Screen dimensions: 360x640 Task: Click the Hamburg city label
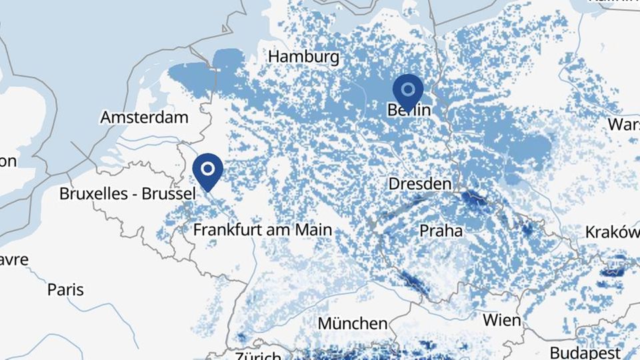[x=303, y=57]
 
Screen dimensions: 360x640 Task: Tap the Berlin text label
[x=409, y=110]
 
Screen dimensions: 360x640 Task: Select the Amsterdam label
[x=144, y=118]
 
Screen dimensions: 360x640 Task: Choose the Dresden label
[x=420, y=183]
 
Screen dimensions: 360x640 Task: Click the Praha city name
[x=441, y=231]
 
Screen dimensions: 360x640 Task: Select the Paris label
[x=65, y=289]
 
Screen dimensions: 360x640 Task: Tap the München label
[x=352, y=324]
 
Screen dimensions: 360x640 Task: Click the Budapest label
[x=585, y=351]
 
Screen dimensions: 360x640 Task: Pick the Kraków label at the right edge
[x=612, y=232]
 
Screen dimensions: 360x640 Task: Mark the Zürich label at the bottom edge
[x=256, y=354]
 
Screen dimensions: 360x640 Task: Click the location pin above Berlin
[x=408, y=90]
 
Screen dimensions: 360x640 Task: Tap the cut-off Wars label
[x=623, y=125]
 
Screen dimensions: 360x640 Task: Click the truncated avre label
[x=14, y=259]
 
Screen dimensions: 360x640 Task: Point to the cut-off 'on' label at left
[x=9, y=161]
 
